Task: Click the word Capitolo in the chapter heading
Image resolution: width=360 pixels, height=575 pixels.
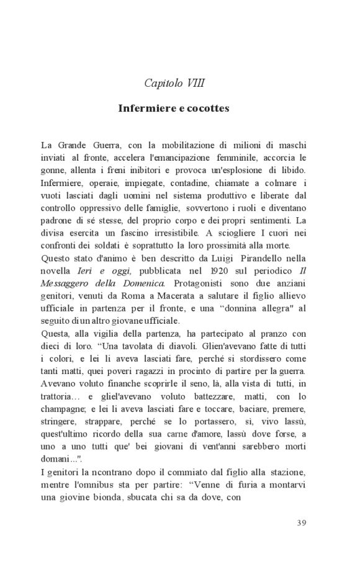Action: tap(163, 82)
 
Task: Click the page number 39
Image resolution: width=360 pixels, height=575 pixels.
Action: tap(301, 522)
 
